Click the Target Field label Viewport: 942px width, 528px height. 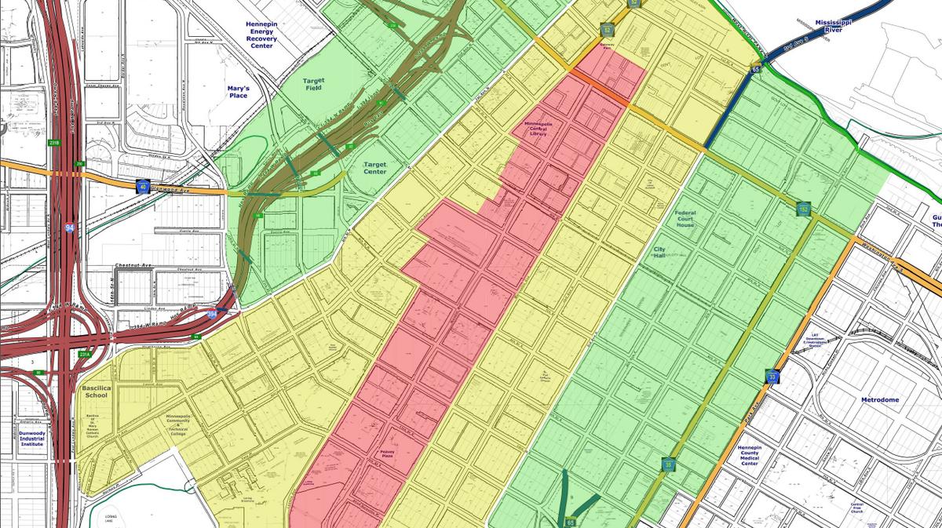(x=313, y=85)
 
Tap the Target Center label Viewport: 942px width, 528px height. (x=375, y=168)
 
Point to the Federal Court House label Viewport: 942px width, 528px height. (x=685, y=218)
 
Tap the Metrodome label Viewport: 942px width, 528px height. (x=879, y=400)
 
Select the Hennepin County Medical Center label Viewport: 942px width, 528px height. (x=755, y=456)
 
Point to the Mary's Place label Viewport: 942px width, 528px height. (x=238, y=92)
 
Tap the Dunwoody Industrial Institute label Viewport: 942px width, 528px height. (x=34, y=438)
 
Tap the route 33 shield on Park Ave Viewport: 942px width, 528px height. (x=773, y=377)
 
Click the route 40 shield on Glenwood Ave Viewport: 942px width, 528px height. (x=143, y=186)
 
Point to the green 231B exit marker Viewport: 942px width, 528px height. (x=53, y=143)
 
